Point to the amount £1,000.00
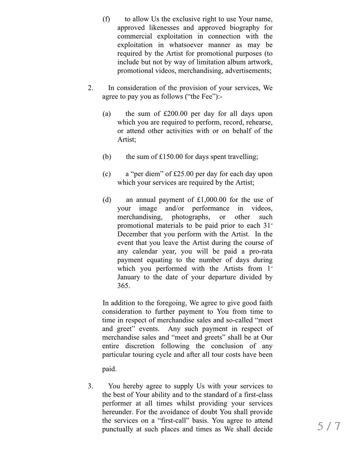212,200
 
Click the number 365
123,286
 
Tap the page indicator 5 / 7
329,426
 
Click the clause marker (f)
106,19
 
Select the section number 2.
90,88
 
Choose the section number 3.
90,386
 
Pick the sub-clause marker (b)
107,157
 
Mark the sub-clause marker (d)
107,200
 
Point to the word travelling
241,157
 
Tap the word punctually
117,429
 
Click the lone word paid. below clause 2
109,369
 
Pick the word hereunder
117,412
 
